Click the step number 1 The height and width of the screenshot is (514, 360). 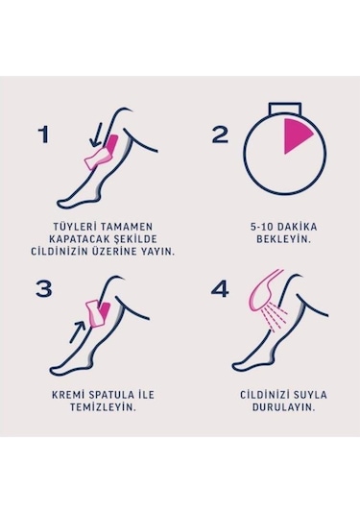click(x=44, y=135)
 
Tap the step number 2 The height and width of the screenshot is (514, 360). click(x=220, y=135)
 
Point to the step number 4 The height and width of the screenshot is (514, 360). click(x=220, y=289)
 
